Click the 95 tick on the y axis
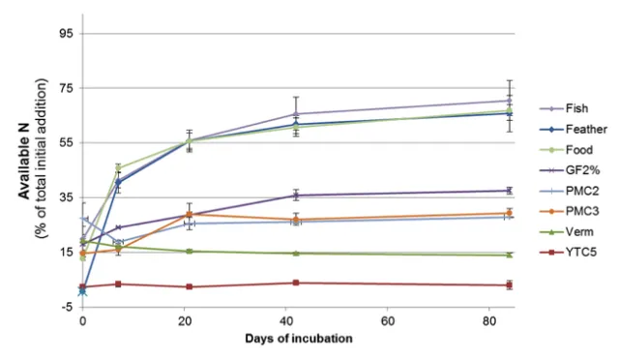[67, 33]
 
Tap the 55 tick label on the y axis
[67, 142]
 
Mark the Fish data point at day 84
[509, 101]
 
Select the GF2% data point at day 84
[509, 191]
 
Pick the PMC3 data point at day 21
[190, 214]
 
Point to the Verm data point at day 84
[509, 255]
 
